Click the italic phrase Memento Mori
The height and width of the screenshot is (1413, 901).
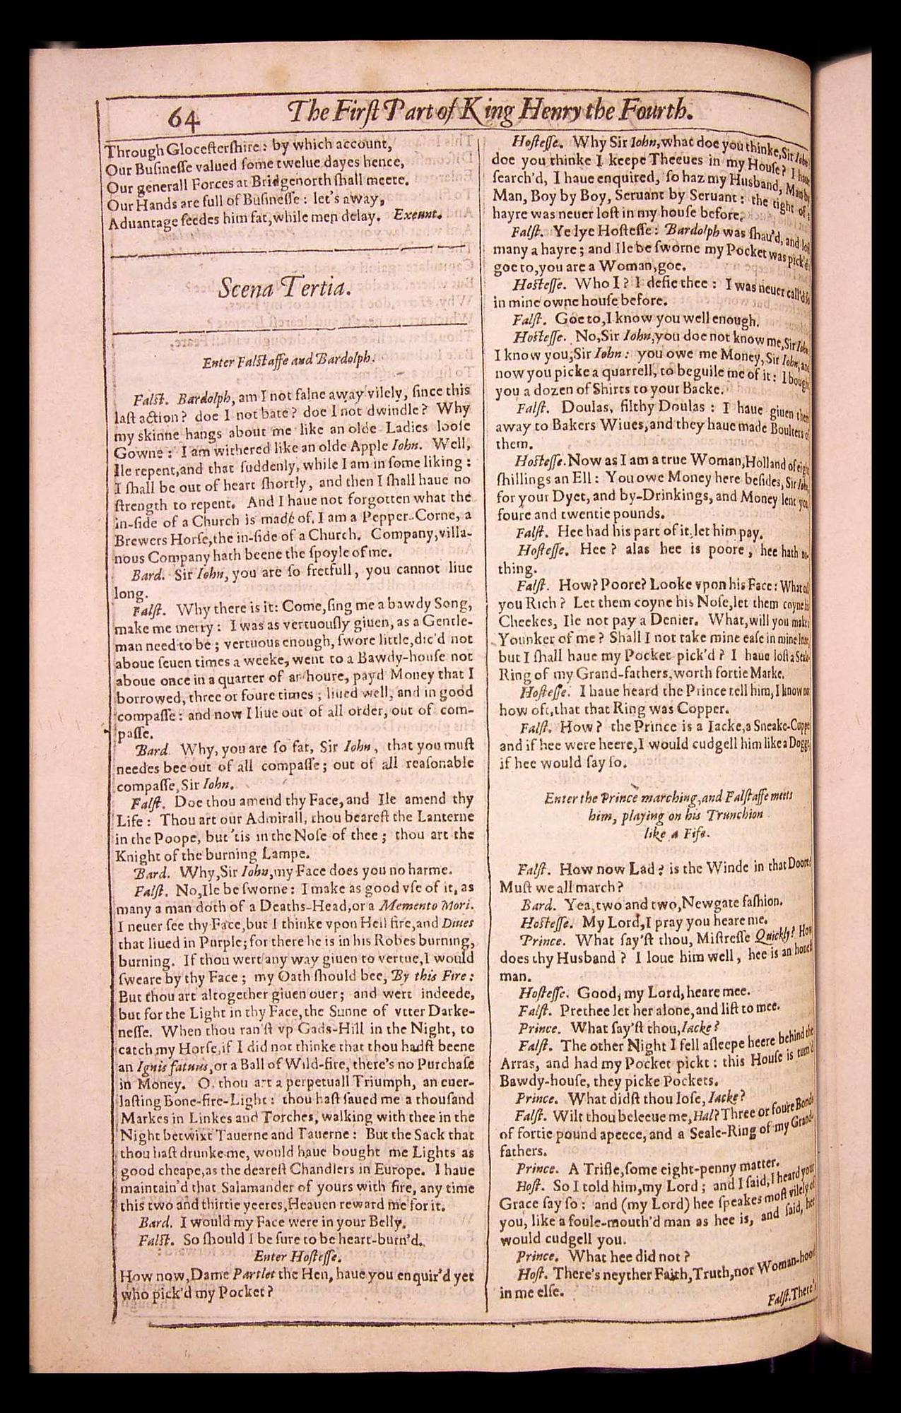tap(423, 906)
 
